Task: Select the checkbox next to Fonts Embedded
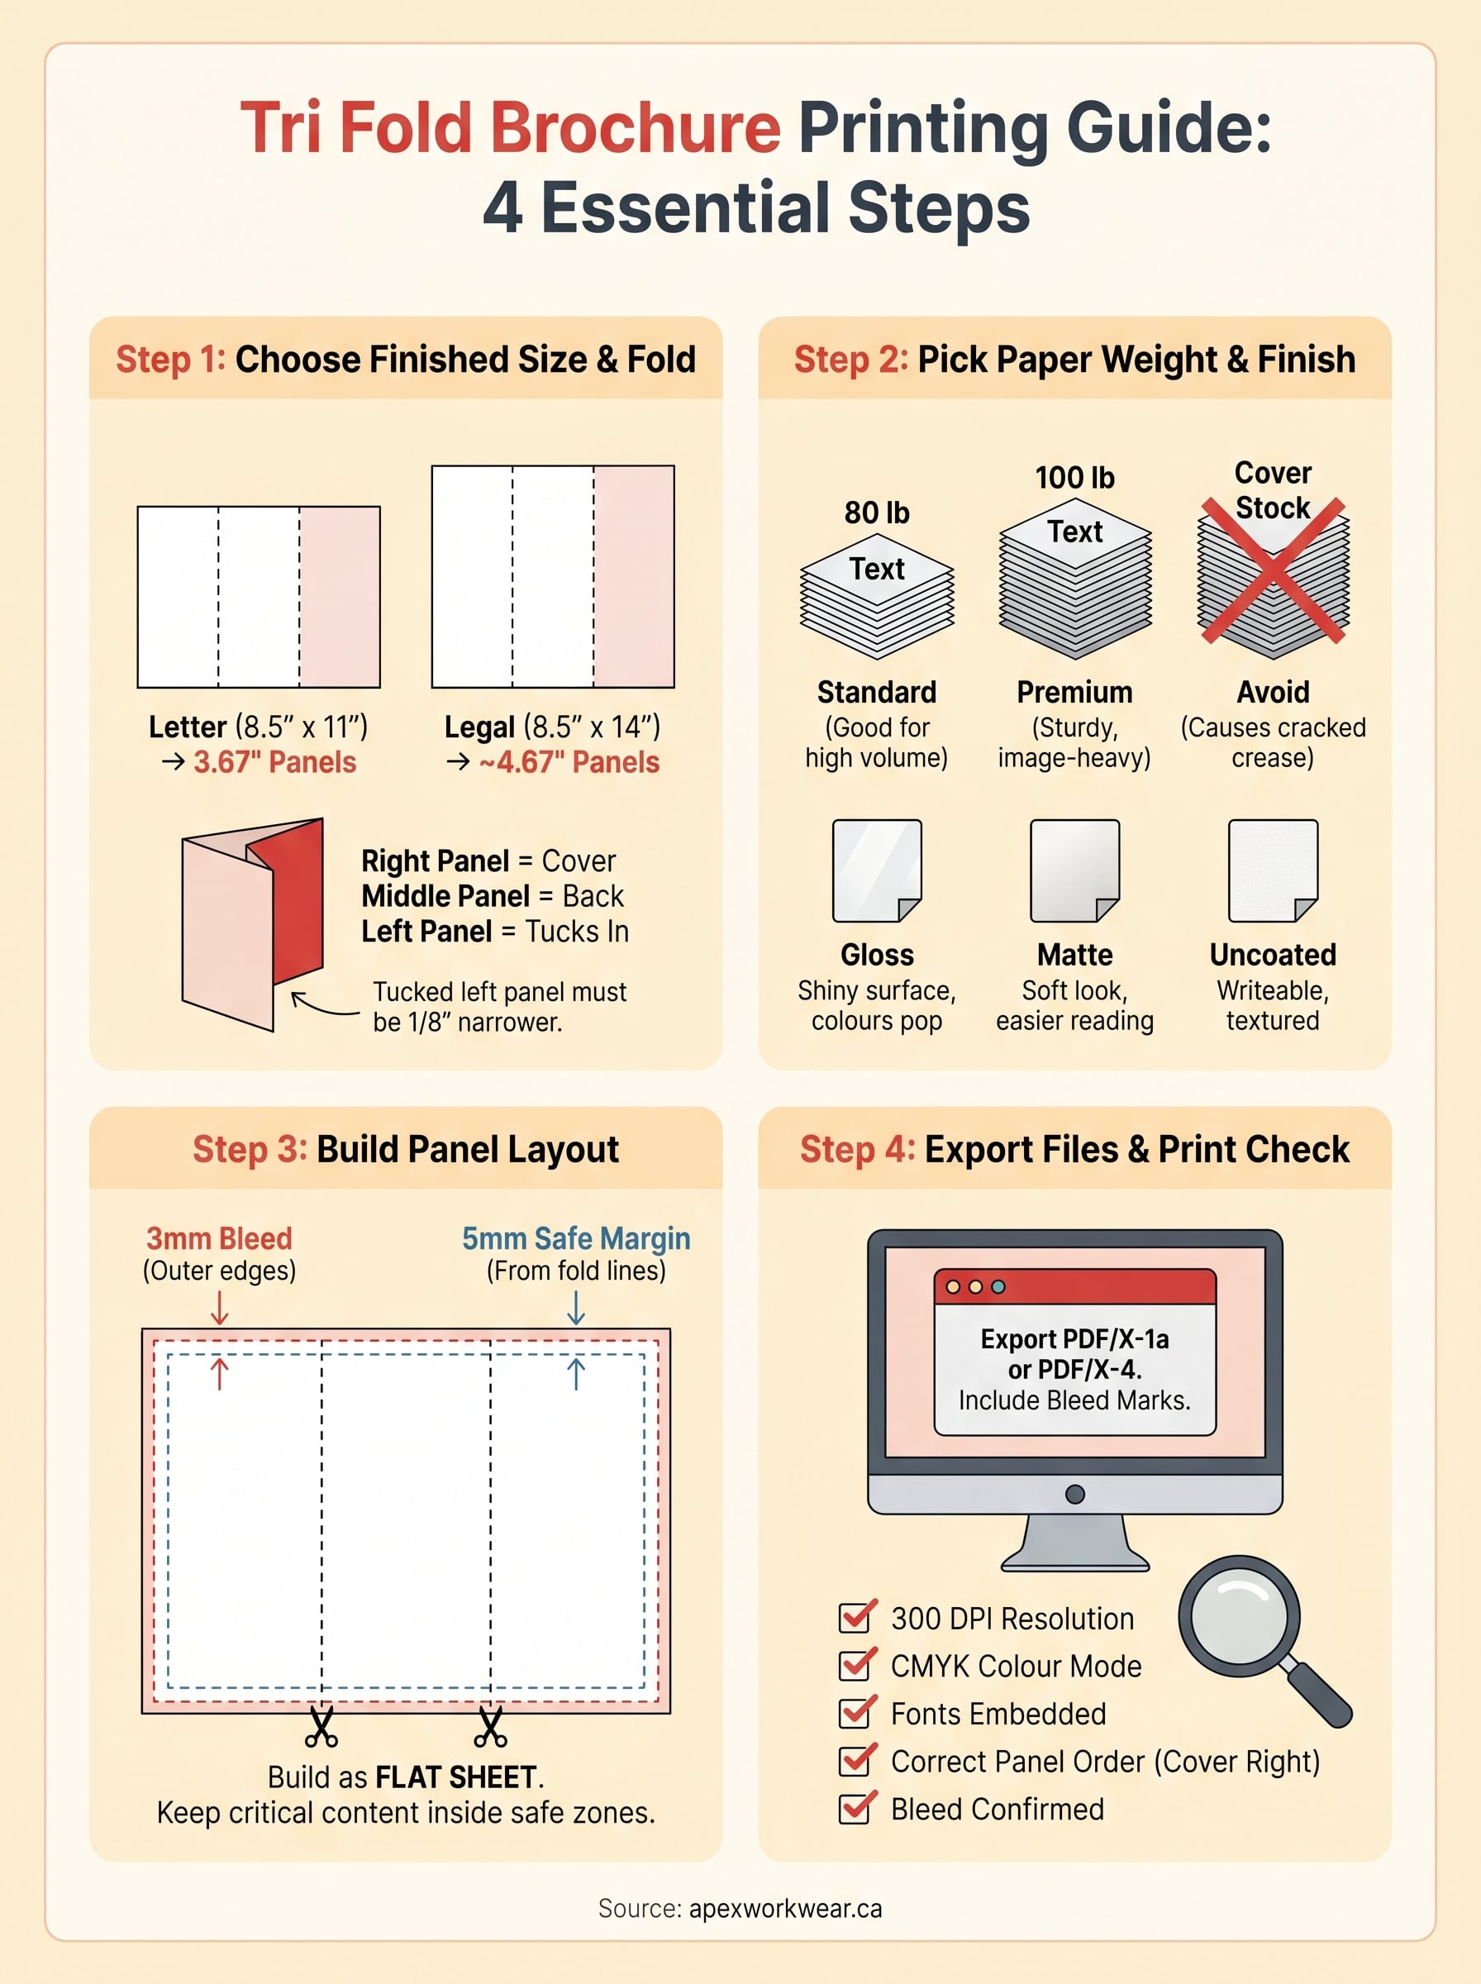856,1712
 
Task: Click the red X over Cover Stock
1272,571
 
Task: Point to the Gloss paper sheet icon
876,870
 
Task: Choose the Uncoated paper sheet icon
1272,870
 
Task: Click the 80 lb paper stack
876,596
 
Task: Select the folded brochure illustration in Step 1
252,923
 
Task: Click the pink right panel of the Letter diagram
339,597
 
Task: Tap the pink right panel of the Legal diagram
633,576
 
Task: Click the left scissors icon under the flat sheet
321,1727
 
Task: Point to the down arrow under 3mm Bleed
220,1308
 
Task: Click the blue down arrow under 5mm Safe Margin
575,1308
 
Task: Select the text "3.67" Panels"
274,762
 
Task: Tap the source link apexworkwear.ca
784,1909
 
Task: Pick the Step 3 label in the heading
250,1149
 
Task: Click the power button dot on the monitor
1075,1495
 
